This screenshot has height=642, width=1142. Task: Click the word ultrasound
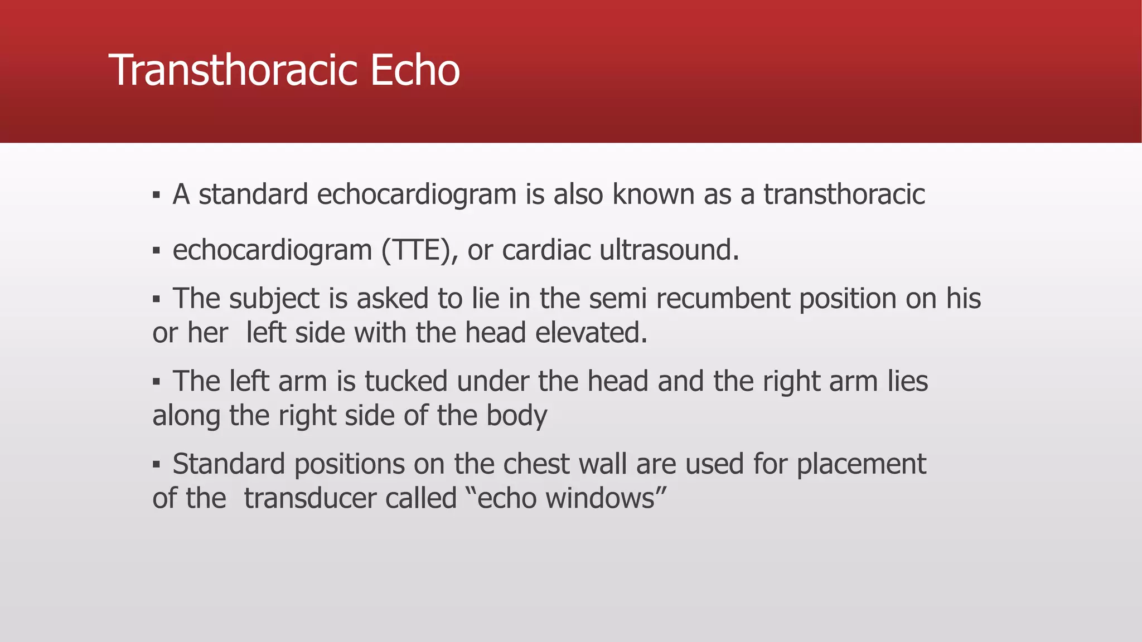[669, 250]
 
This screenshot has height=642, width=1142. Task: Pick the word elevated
[591, 333]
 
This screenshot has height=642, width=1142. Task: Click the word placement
[861, 464]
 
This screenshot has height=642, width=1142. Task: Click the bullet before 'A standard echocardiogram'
[156, 196]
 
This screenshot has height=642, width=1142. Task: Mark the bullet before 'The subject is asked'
[156, 300]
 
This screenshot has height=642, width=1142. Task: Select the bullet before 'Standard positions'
[156, 465]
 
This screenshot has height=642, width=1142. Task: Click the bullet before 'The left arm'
[156, 382]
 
